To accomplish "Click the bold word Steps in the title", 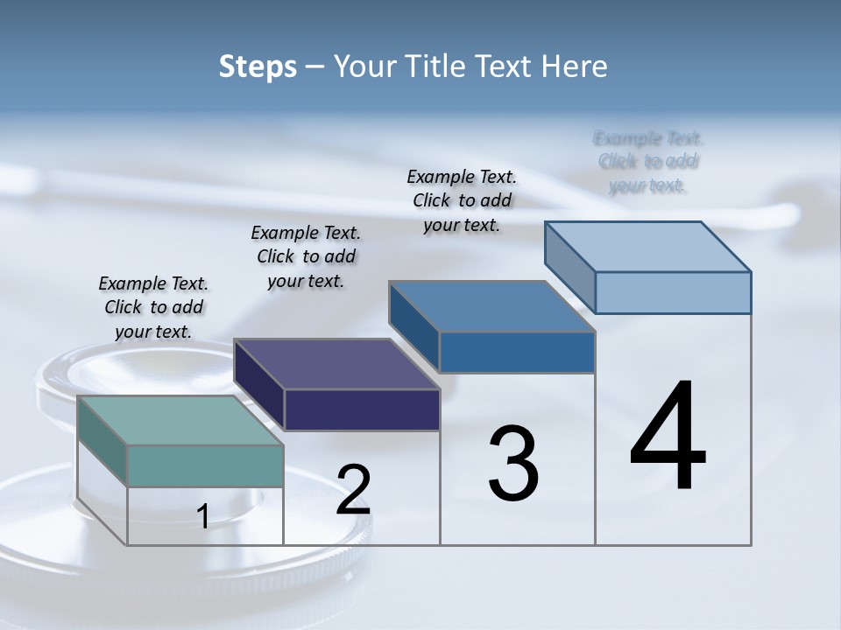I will pyautogui.click(x=258, y=66).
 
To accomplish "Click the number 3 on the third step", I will pyautogui.click(x=513, y=464).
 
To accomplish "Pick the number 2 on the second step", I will pyautogui.click(x=353, y=490).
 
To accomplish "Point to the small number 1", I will pyautogui.click(x=203, y=517).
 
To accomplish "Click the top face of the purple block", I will pyautogui.click(x=337, y=363).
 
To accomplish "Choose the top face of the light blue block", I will pyautogui.click(x=648, y=247).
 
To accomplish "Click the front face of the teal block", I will pyautogui.click(x=205, y=465).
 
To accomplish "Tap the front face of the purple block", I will pyautogui.click(x=362, y=409).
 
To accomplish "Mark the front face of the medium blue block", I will pyautogui.click(x=517, y=353).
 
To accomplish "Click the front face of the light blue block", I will pyautogui.click(x=673, y=292).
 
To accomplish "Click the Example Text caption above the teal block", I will pyautogui.click(x=153, y=307).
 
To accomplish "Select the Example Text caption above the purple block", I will pyautogui.click(x=306, y=256).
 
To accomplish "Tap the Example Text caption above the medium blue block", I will pyautogui.click(x=462, y=200).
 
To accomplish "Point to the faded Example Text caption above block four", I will pyautogui.click(x=648, y=162).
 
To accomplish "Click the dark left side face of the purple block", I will pyautogui.click(x=259, y=385).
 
